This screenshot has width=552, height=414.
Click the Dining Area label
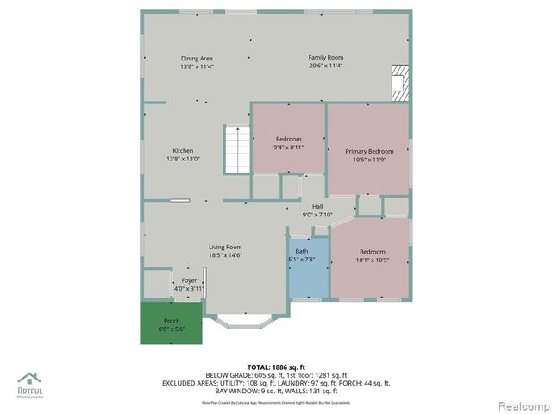(197, 58)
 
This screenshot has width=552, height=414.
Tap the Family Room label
(326, 58)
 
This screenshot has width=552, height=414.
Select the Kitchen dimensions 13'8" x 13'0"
(183, 159)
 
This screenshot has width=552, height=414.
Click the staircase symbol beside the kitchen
(236, 149)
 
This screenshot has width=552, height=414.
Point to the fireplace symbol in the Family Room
(398, 79)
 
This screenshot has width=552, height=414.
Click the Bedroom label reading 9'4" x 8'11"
(289, 140)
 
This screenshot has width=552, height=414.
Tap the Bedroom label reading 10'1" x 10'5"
(372, 251)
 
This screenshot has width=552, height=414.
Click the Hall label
(317, 207)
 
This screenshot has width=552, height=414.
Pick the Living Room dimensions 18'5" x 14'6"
(225, 255)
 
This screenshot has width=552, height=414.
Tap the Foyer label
(189, 280)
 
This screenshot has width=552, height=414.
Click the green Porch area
(172, 324)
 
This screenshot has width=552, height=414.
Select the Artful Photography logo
(30, 385)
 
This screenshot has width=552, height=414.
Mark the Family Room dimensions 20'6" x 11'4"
(326, 66)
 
